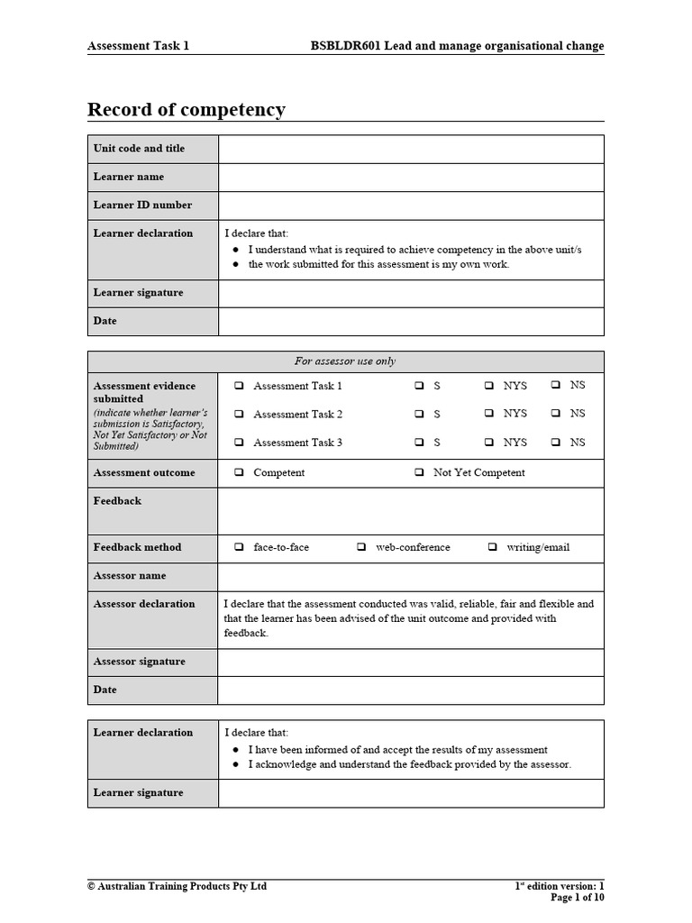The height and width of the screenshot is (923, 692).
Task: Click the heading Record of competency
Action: [186, 110]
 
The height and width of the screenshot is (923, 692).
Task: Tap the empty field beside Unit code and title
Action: [411, 149]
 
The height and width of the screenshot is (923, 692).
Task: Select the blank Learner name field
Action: [411, 177]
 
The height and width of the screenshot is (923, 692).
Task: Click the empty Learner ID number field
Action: [411, 206]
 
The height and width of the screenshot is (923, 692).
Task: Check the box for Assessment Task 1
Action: [240, 386]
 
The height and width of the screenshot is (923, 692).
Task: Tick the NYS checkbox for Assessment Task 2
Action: [488, 414]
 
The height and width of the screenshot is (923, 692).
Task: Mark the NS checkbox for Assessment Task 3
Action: [556, 443]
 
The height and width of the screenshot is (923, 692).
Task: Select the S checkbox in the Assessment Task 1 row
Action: [420, 386]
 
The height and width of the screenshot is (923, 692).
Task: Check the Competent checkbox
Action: [240, 472]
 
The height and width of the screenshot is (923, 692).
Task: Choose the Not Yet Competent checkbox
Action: [420, 472]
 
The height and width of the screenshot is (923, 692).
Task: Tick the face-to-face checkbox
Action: [240, 547]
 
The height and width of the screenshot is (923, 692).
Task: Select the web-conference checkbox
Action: [361, 547]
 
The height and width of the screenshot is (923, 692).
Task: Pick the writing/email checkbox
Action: [493, 547]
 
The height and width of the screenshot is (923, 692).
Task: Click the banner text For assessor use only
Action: [345, 361]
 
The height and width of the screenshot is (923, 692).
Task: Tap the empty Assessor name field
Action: [411, 576]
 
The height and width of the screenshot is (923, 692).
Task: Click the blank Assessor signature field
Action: [411, 662]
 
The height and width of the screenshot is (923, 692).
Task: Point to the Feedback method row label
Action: [137, 547]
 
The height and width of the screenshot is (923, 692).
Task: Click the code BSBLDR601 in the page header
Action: [346, 46]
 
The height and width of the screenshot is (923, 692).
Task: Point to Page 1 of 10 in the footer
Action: [577, 898]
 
